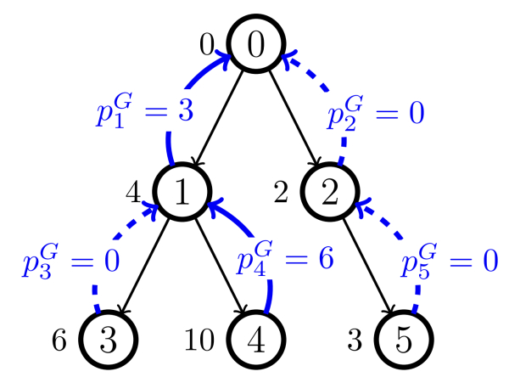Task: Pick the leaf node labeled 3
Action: (x=108, y=339)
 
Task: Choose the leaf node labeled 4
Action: (x=255, y=339)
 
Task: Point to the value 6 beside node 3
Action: (x=59, y=339)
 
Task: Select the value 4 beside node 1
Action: (x=132, y=193)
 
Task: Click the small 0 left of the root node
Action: (x=206, y=42)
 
